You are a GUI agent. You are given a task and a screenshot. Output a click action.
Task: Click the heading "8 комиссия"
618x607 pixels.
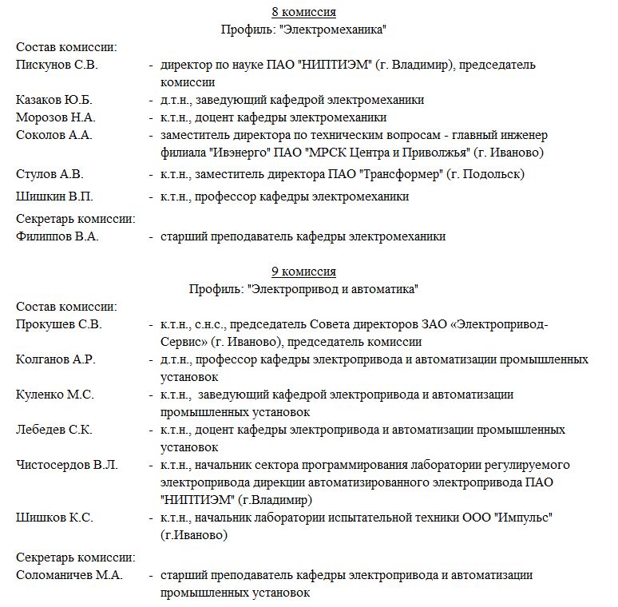pyautogui.click(x=303, y=12)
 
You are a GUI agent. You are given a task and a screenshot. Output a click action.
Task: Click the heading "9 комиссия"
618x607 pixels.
pyautogui.click(x=303, y=272)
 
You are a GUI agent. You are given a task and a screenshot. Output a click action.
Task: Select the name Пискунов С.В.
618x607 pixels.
pyautogui.click(x=57, y=65)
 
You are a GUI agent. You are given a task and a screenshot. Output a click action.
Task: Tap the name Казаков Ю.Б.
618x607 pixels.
pyautogui.click(x=54, y=100)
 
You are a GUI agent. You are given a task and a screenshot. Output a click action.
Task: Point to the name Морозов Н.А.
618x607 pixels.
pyautogui.click(x=56, y=117)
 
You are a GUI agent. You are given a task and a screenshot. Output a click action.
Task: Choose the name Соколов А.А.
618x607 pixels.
pyautogui.click(x=54, y=135)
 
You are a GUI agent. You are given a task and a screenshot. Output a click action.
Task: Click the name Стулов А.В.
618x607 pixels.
pyautogui.click(x=50, y=174)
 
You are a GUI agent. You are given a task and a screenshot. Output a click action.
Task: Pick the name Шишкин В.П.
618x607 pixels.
pyautogui.click(x=53, y=196)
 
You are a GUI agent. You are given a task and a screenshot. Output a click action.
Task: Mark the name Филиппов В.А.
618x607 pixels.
pyautogui.click(x=57, y=236)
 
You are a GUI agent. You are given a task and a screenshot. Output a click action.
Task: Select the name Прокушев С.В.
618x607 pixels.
pyautogui.click(x=59, y=324)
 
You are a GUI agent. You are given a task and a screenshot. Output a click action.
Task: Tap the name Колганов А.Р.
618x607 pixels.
pyautogui.click(x=56, y=359)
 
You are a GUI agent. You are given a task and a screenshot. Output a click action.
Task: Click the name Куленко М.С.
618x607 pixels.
pyautogui.click(x=55, y=395)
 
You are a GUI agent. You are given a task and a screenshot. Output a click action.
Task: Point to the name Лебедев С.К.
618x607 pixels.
pyautogui.click(x=54, y=430)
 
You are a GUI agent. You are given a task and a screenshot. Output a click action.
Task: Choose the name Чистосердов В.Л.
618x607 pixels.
pyautogui.click(x=67, y=465)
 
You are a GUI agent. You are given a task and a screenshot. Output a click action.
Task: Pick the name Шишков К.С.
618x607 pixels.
pyautogui.click(x=54, y=518)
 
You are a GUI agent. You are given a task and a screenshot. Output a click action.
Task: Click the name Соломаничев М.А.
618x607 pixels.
pyautogui.click(x=69, y=575)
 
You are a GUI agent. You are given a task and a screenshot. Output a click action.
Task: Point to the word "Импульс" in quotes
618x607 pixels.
pyautogui.click(x=519, y=518)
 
